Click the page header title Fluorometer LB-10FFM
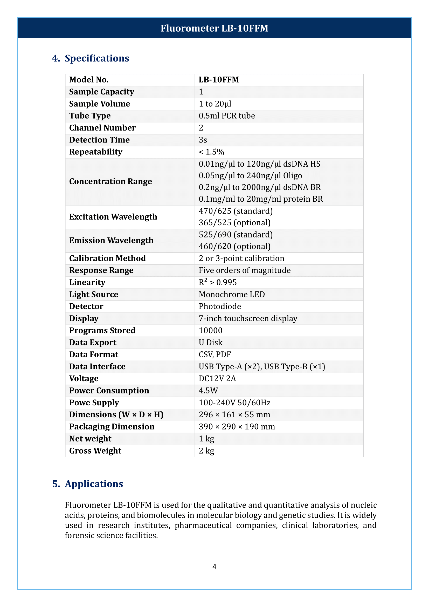coord(214,28)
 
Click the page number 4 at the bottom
coord(214,567)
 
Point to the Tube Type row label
coord(90,116)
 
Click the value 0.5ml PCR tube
coord(227,116)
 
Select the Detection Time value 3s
coord(203,140)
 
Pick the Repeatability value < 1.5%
coord(211,152)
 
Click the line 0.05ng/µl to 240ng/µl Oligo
coord(250,175)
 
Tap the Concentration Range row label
coord(110,181)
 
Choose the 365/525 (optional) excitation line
coord(234,223)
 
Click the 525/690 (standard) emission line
coord(236,235)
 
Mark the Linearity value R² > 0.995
coord(217,282)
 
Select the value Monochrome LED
coord(232,294)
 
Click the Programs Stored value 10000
coord(211,330)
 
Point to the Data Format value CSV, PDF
coord(215,354)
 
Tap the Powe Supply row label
coord(94,403)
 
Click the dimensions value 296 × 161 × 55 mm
coord(234,414)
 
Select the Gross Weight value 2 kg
coord(206,451)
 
